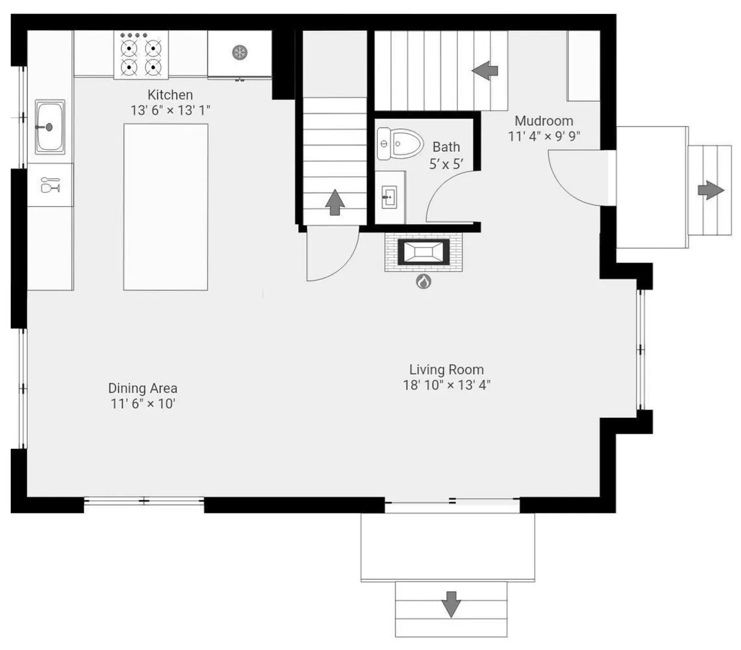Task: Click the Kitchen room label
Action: pos(170,95)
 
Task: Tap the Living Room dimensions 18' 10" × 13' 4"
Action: pos(446,385)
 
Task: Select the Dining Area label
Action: pos(143,388)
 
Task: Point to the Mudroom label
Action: pos(544,121)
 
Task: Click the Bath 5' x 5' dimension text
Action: pos(446,164)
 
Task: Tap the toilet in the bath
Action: pos(400,144)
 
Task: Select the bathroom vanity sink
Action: pos(389,197)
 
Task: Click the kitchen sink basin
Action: pos(50,127)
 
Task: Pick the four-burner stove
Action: pos(141,55)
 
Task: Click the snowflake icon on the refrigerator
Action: pos(239,53)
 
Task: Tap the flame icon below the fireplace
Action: pos(423,282)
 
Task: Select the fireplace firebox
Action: pos(423,252)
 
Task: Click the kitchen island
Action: pos(165,207)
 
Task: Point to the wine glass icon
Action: pos(50,185)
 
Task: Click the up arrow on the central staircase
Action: pos(334,202)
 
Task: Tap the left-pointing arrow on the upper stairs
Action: pos(485,70)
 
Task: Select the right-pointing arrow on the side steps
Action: pos(711,190)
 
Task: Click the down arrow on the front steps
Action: pos(451,605)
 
